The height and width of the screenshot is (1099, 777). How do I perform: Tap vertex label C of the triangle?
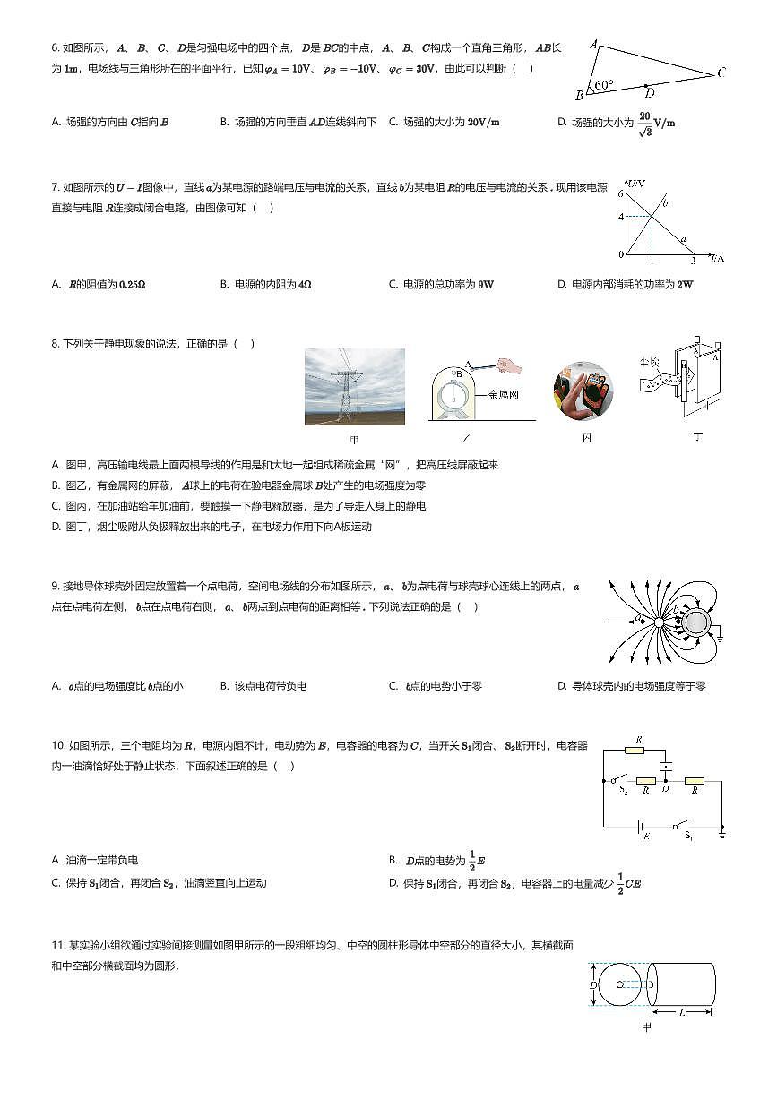[721, 73]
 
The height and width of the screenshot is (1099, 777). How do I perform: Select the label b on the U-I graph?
[665, 204]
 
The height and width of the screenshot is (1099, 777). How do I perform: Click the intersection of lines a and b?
[652, 216]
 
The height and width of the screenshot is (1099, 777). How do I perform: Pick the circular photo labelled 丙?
[583, 391]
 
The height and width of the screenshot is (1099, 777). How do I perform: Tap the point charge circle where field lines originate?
[658, 621]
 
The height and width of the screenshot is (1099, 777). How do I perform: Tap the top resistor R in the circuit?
[638, 750]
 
